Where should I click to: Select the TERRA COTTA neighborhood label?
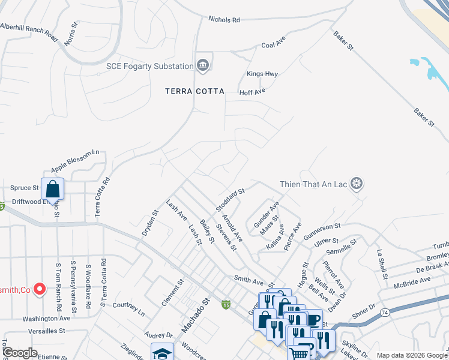195,92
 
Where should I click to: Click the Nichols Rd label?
224,20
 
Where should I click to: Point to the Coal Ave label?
272,45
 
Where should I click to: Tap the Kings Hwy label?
262,74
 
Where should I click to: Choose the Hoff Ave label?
252,92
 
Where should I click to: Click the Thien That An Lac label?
314,184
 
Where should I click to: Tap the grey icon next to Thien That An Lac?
357,184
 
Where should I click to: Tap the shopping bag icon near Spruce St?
53,188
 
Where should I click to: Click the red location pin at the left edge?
40,289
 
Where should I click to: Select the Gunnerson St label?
321,233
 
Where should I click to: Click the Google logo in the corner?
19,353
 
